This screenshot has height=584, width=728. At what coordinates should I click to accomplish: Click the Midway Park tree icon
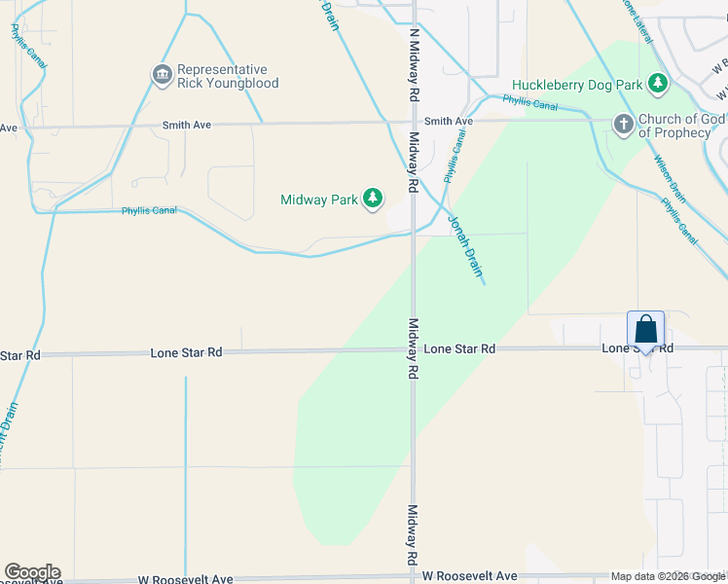click(x=372, y=200)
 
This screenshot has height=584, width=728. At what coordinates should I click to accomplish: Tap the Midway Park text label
click(x=319, y=200)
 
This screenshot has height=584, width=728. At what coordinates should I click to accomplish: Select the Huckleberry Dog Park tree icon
click(x=659, y=84)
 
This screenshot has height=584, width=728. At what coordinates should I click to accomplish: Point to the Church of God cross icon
click(x=624, y=125)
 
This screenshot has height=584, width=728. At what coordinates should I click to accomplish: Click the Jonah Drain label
click(x=465, y=244)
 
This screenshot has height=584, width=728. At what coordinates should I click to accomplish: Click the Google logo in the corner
click(x=32, y=572)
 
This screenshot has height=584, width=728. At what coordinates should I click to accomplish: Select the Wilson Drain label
click(x=671, y=179)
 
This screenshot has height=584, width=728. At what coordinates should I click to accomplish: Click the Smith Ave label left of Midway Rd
click(x=187, y=125)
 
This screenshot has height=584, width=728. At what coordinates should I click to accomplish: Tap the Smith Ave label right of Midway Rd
click(x=449, y=122)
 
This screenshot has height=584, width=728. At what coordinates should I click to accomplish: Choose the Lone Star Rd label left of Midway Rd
click(x=186, y=352)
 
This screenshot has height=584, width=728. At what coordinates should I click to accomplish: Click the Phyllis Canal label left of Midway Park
click(x=149, y=210)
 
